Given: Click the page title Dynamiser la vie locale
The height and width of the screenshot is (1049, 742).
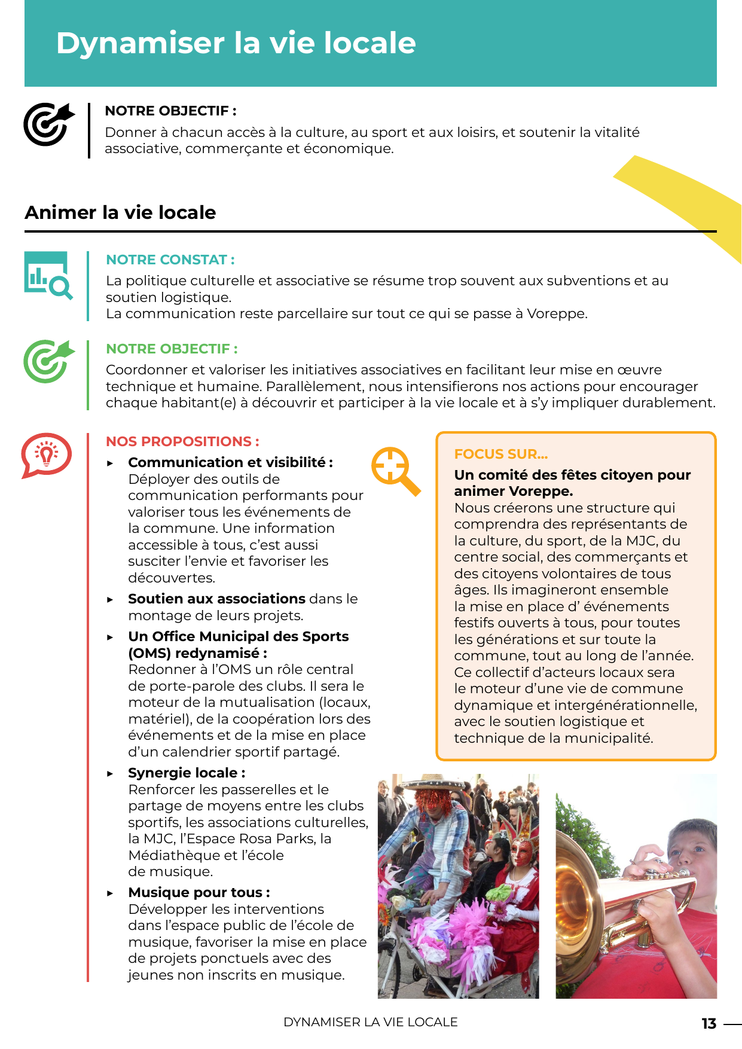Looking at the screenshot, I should (x=236, y=43).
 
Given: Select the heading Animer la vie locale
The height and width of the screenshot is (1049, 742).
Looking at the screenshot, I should (x=120, y=212).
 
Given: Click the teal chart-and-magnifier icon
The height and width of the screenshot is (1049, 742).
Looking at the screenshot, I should (x=48, y=275).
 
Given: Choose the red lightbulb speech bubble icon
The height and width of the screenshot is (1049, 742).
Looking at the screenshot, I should (x=47, y=454).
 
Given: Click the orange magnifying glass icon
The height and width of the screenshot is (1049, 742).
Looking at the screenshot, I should (x=395, y=470).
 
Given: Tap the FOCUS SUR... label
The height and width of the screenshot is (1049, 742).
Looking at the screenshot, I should (x=500, y=454).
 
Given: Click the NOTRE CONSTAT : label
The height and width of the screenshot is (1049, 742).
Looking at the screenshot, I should (x=170, y=260).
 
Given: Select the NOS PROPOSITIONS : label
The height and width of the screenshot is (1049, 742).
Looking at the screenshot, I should (x=182, y=441).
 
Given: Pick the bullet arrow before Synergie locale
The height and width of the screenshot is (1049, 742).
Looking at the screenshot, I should (x=110, y=773).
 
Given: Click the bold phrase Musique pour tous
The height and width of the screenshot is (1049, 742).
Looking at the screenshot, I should (x=196, y=892).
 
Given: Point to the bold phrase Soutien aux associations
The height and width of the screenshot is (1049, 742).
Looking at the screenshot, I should (x=216, y=599).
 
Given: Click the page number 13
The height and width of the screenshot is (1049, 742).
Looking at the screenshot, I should (x=709, y=1023).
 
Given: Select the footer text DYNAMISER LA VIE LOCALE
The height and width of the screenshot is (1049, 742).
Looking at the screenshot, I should (x=370, y=1022).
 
